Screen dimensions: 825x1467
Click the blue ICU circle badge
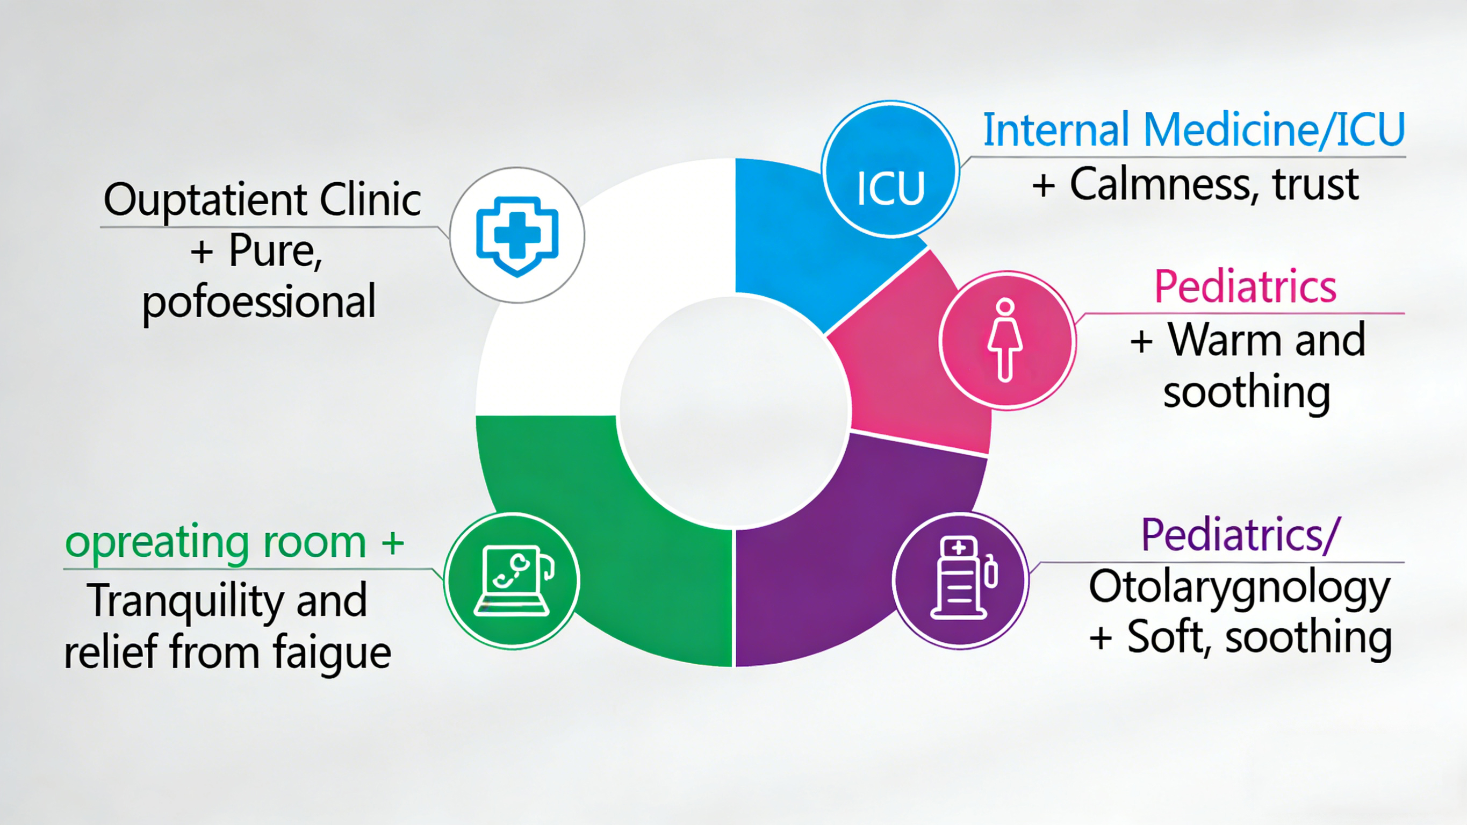coord(890,170)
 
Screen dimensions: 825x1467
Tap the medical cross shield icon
coord(517,235)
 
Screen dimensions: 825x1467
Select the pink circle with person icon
coord(1007,340)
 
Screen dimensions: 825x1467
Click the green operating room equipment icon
coord(512,580)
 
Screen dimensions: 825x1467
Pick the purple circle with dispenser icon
coord(961,580)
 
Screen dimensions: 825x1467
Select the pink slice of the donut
coord(905,364)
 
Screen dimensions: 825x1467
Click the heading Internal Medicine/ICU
coord(1193,130)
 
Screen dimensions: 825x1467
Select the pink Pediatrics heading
coord(1245,286)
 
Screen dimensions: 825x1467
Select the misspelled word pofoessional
coord(259,302)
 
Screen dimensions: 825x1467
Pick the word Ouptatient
coord(206,200)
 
